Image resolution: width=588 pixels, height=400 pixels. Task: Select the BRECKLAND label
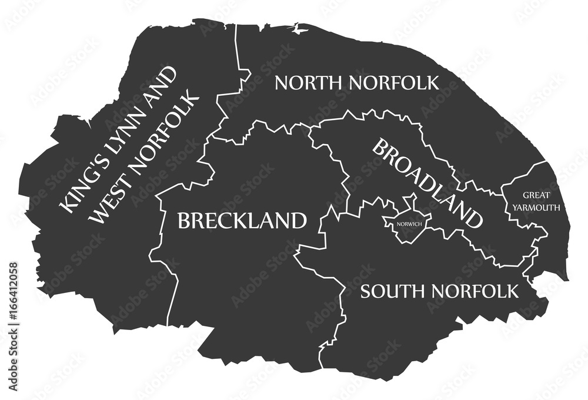[242, 221]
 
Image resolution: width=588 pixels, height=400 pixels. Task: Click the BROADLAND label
[428, 183]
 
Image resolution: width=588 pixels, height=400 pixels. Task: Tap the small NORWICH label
[408, 224]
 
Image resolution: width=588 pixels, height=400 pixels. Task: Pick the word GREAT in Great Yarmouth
[536, 195]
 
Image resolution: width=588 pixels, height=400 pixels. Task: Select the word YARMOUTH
[536, 207]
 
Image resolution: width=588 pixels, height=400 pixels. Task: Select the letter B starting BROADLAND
[380, 148]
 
